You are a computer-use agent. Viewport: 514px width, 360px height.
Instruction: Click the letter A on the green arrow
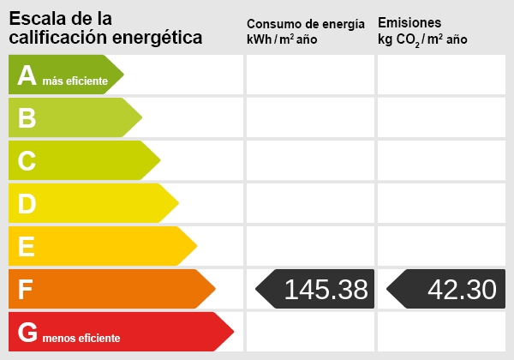27,75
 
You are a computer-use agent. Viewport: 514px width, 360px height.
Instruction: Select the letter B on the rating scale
27,118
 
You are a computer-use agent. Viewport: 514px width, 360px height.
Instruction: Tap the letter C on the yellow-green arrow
27,161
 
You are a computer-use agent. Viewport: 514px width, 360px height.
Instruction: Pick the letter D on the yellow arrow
27,204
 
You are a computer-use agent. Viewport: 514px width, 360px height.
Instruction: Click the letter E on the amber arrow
27,247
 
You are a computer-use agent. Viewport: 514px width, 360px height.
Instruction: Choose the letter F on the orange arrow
26,290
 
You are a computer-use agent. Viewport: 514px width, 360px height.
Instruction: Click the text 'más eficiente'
75,81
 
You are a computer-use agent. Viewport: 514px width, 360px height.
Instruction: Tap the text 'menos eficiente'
81,338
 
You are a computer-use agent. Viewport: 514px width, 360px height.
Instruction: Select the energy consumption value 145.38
326,290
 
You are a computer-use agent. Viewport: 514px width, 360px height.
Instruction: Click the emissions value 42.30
461,290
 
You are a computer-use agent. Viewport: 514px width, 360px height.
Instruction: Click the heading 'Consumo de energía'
311,23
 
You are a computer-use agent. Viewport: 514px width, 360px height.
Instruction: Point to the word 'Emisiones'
409,22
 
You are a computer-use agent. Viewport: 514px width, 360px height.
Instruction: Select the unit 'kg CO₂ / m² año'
422,39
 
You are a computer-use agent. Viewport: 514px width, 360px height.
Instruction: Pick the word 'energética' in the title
160,38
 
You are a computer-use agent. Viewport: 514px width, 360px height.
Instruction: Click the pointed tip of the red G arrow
232,332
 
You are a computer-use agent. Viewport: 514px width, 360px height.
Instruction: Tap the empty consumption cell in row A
310,75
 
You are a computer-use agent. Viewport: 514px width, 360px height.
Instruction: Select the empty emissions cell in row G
441,332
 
